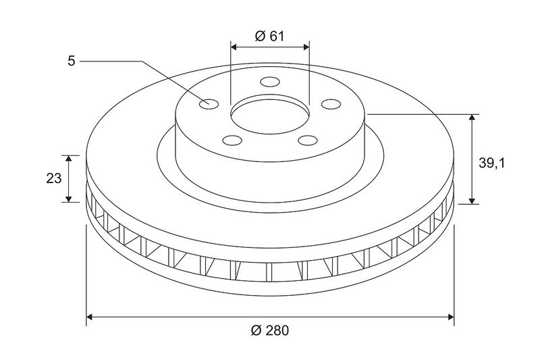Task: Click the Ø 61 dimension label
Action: coord(269,36)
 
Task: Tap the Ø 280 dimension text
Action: coord(270,330)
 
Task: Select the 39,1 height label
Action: coord(491,163)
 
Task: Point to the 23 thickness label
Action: coord(54,178)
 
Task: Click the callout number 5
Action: coord(72,61)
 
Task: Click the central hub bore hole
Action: coord(270,115)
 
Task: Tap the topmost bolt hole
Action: coord(270,82)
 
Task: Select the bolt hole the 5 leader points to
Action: coord(209,104)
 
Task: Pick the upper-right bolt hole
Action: coord(331,104)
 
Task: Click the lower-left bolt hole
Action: coord(232,140)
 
